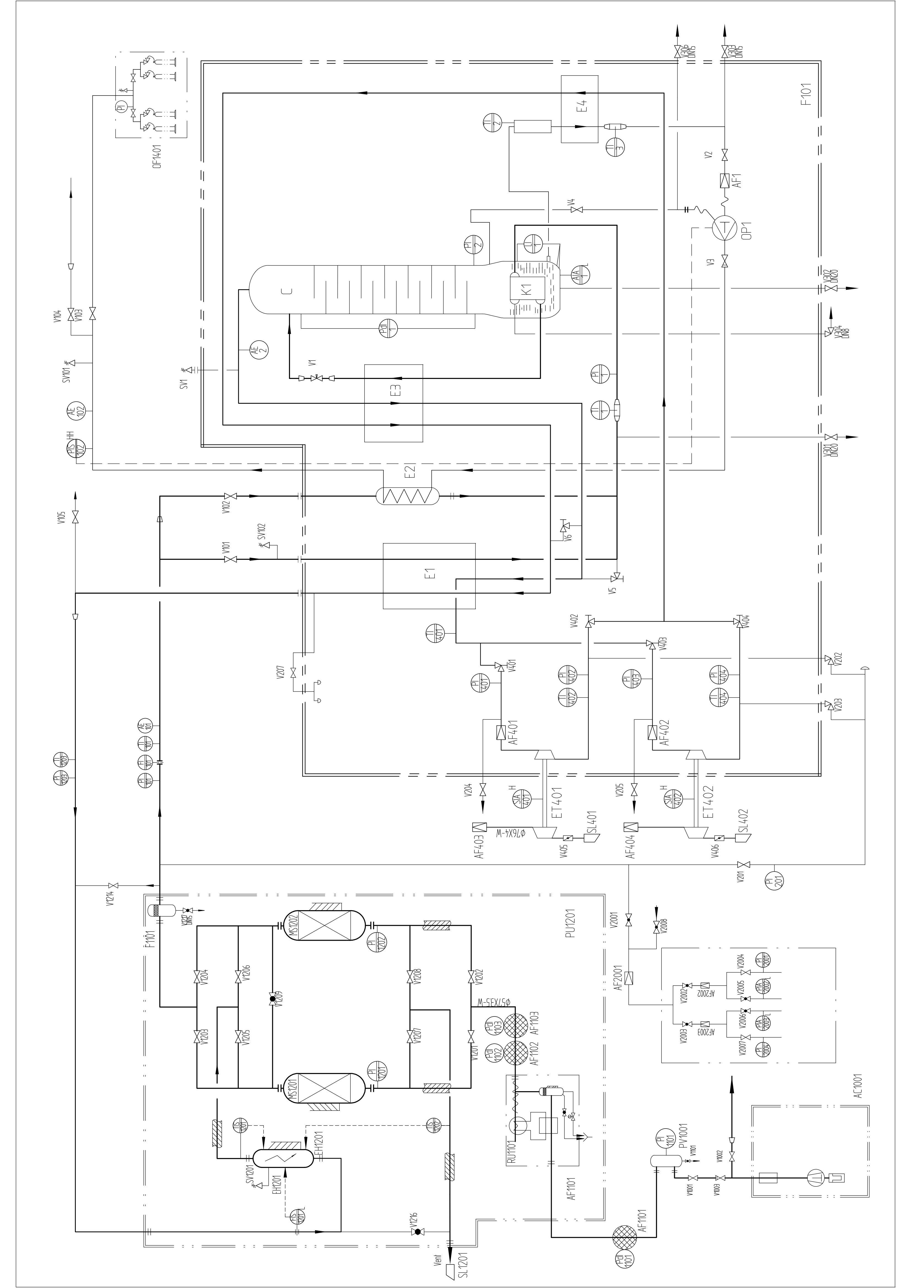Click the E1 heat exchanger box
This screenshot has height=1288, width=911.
pyautogui.click(x=429, y=576)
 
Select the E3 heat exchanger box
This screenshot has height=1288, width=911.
pyautogui.click(x=393, y=403)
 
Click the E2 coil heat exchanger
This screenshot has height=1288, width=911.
pyautogui.click(x=407, y=495)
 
